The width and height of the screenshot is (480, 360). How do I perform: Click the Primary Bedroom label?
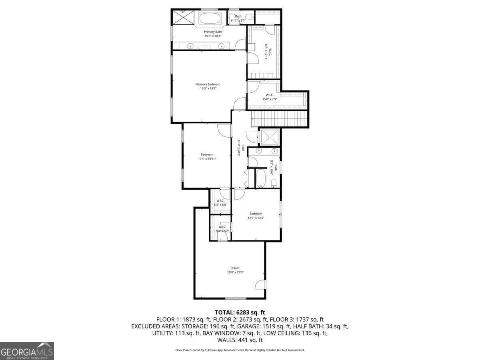(208, 84)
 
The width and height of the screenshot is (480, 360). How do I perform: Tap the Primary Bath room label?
(213, 32)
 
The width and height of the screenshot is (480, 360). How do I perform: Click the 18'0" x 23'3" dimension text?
(235, 272)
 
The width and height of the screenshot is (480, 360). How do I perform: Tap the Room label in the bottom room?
(235, 268)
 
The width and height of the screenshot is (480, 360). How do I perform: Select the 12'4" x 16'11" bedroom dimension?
(207, 159)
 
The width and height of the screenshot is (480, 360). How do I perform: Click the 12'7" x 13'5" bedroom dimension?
(256, 218)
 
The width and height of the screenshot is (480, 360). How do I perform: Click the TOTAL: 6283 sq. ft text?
(240, 312)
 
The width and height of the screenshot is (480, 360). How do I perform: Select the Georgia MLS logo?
(27, 351)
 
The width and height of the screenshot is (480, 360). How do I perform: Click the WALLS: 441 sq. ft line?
(240, 340)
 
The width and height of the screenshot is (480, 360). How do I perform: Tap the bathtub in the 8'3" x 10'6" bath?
(260, 178)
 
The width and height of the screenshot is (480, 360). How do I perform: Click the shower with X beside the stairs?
(270, 137)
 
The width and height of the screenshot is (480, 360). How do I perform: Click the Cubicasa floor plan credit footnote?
(240, 350)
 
